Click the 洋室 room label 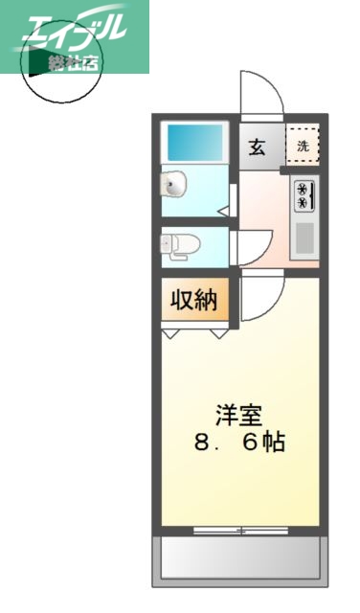point(239,416)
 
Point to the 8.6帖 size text point(239,444)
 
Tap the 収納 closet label point(193,300)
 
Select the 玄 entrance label point(258,147)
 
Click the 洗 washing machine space point(303,147)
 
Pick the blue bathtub point(195,143)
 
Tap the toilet point(180,244)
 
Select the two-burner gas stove point(304,195)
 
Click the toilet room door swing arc point(251,247)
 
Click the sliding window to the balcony point(239,530)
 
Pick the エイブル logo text point(72,32)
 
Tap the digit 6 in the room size point(250,444)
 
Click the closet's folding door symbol point(195,332)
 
